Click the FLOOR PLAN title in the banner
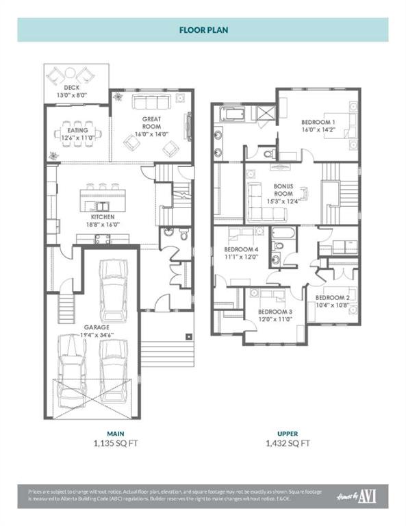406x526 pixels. pos(203,30)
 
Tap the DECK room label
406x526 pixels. pos(72,88)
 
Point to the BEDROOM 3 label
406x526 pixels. pos(275,312)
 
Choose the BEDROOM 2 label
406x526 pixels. pos(333,298)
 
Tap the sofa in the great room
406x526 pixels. pos(151,103)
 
